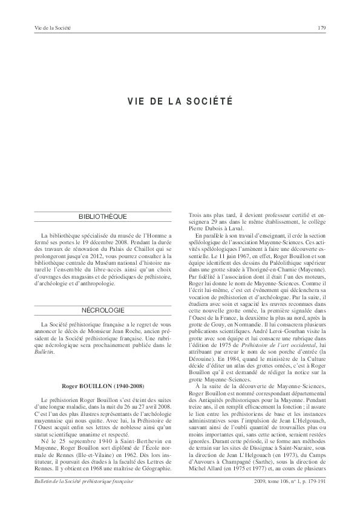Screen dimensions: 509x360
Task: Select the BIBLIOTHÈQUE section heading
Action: click(x=103, y=216)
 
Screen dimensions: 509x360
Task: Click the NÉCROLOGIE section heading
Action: click(x=103, y=310)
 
